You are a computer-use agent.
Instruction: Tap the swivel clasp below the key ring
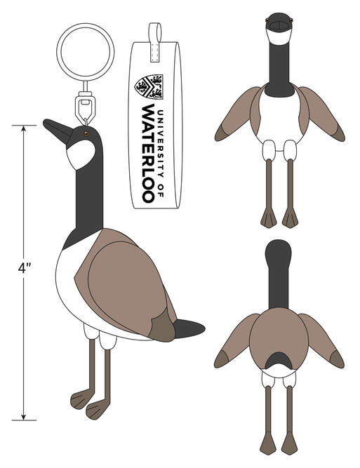(x=85, y=103)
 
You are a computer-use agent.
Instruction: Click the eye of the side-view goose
(x=86, y=133)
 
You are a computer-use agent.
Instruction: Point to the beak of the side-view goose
(x=58, y=131)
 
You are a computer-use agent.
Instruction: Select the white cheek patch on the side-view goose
(x=80, y=154)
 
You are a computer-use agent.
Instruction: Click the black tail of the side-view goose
(x=189, y=328)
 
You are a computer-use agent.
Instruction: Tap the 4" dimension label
(x=25, y=268)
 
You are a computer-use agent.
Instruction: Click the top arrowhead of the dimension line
(x=24, y=128)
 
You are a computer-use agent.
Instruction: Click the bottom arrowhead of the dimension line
(x=24, y=417)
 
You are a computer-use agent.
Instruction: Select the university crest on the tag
(x=149, y=86)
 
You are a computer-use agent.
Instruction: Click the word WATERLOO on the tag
(x=148, y=154)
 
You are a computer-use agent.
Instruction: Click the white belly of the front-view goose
(x=279, y=119)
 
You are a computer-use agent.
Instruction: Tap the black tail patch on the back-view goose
(x=279, y=361)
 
